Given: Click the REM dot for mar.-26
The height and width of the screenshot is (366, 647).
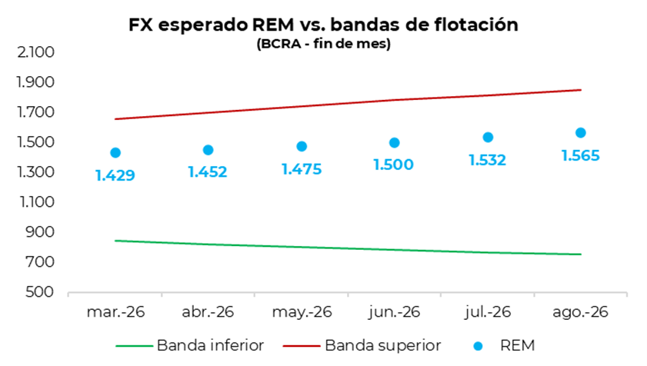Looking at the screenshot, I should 115,153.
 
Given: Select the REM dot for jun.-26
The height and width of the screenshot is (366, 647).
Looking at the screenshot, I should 395,143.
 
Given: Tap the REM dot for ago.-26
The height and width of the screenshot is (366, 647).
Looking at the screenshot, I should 581,132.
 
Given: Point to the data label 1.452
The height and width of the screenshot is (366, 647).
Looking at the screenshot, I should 208,172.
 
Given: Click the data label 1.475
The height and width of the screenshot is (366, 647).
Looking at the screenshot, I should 301,168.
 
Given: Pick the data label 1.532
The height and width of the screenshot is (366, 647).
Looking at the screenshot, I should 488,160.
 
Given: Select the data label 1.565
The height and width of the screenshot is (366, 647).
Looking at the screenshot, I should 581,155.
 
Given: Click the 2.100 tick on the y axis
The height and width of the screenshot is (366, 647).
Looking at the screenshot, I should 35,52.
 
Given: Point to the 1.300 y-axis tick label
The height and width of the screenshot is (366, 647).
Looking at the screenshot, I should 35,172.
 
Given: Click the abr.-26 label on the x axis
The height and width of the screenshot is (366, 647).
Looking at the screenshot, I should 208,312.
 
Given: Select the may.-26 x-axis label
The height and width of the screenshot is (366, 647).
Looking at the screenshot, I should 301,312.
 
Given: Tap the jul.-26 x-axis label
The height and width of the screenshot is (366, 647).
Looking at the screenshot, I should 488,312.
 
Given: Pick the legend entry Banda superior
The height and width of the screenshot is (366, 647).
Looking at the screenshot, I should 382,344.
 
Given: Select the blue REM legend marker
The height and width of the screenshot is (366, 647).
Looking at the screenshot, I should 481,345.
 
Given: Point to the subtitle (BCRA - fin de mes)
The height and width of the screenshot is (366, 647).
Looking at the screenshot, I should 323,44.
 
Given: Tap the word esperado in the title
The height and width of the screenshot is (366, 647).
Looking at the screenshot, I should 202,25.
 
